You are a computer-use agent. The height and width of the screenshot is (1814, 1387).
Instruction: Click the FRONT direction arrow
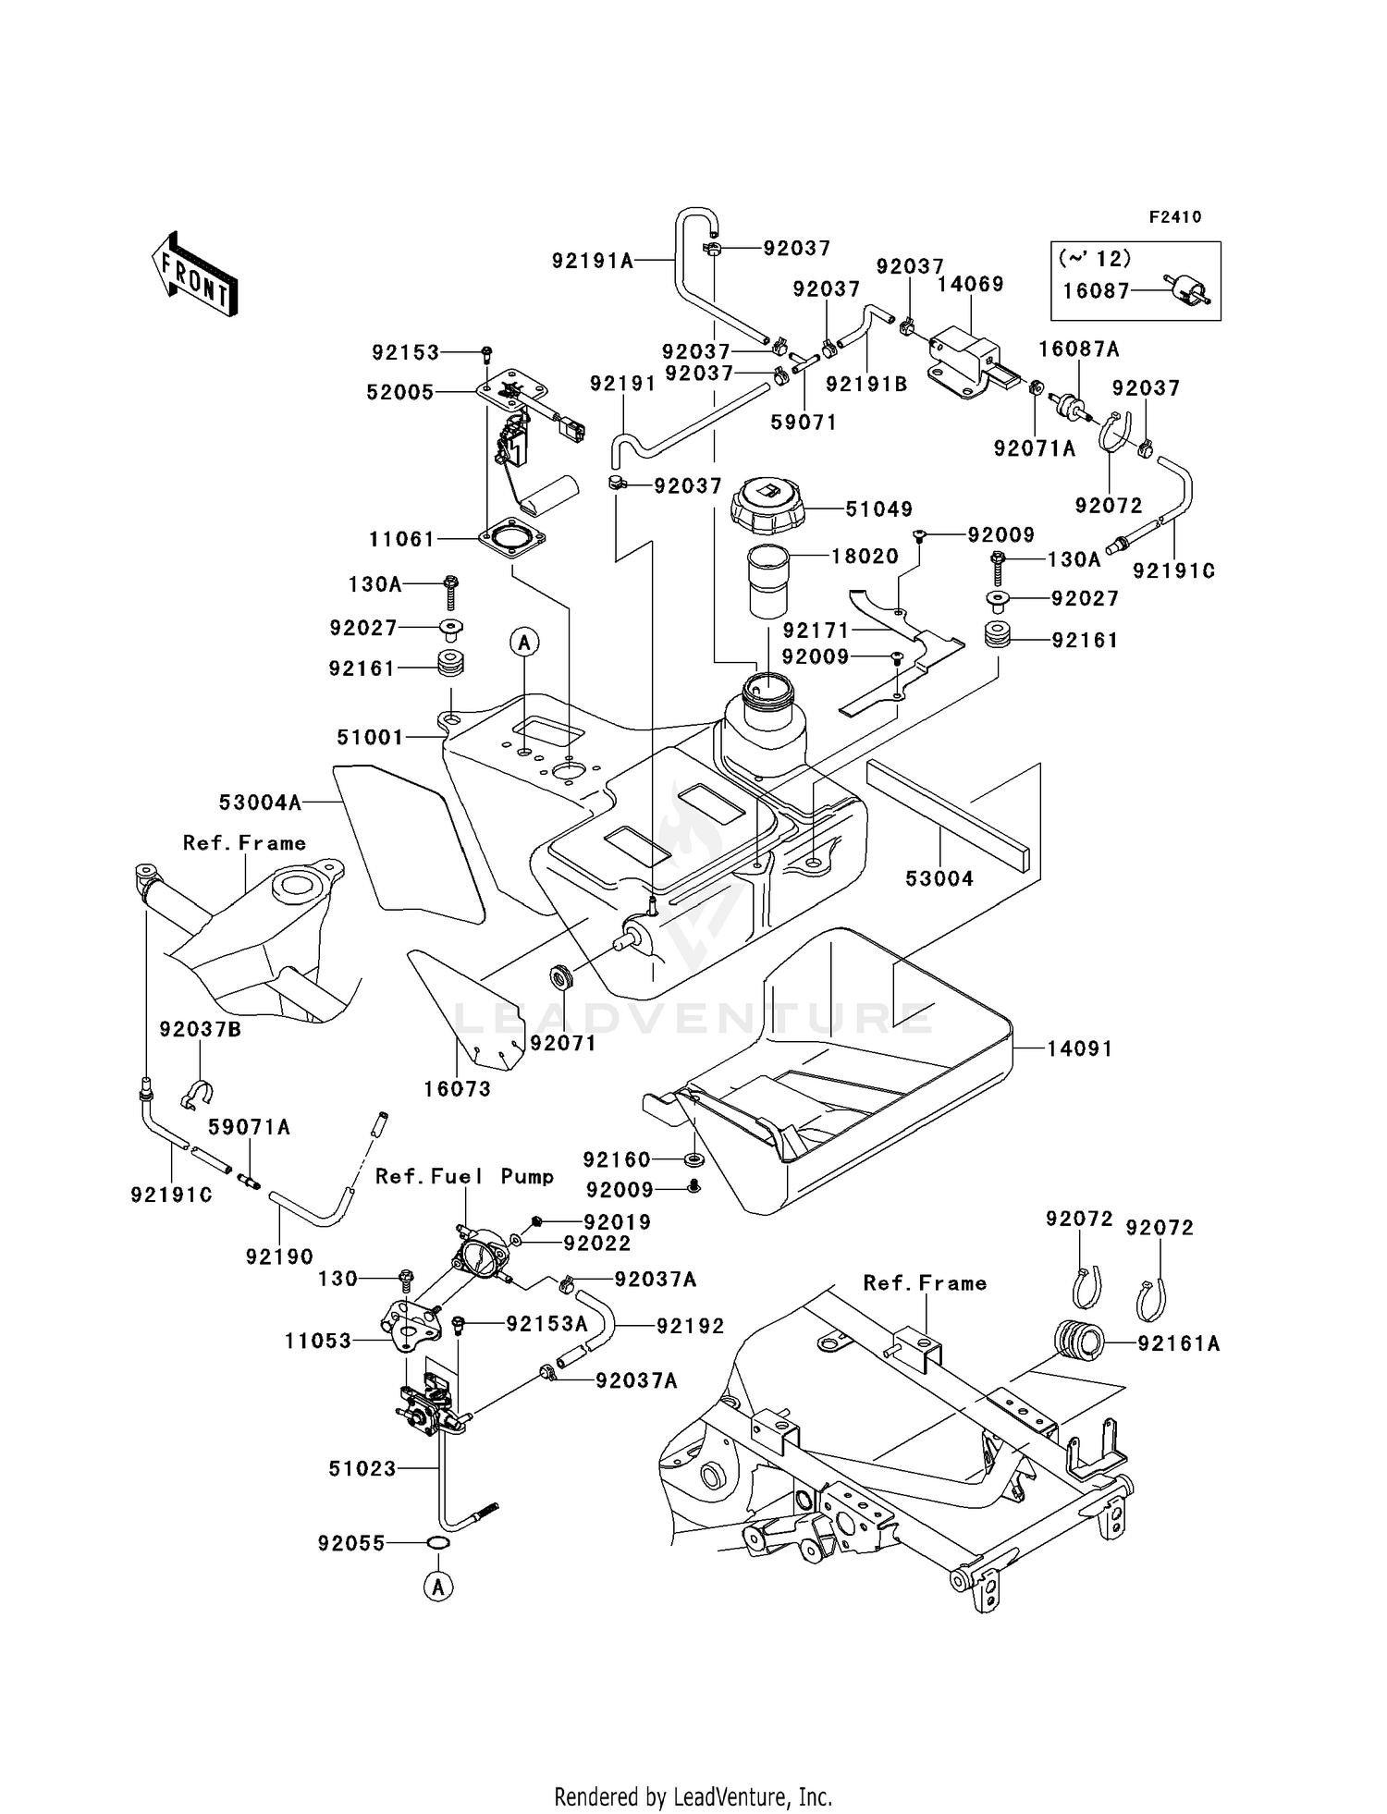194,275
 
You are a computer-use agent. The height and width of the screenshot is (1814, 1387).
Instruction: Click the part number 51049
878,509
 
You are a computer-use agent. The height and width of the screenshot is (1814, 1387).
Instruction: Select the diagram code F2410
1175,217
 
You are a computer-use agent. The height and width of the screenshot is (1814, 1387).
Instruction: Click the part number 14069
970,284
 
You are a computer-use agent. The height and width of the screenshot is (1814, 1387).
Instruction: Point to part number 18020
865,556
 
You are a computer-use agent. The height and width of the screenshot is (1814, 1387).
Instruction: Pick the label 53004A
260,803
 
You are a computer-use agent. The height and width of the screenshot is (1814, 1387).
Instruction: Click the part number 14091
1079,1048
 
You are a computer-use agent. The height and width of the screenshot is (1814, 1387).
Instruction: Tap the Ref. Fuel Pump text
464,1176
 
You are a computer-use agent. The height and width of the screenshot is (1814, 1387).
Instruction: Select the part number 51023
362,1468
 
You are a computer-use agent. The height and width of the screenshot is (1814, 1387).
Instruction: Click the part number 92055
350,1543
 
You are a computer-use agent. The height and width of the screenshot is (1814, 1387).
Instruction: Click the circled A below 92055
438,1587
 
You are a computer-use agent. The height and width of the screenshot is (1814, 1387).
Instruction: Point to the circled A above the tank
524,642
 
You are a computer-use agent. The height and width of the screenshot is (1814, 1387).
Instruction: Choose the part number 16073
457,1088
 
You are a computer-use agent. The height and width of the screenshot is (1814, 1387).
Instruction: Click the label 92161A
1179,1343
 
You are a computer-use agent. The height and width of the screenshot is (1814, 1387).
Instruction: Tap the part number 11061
401,538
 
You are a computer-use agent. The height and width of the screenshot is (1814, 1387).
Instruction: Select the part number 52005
399,392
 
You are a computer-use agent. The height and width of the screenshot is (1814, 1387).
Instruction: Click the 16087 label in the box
1096,290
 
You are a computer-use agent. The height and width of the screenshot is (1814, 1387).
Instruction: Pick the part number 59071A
249,1127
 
